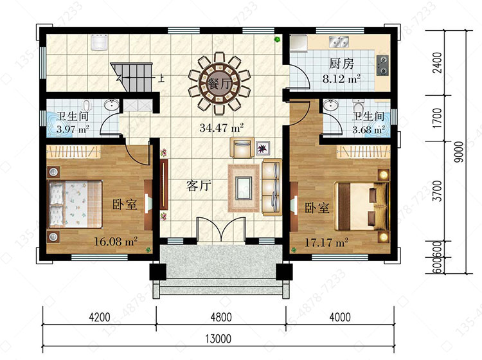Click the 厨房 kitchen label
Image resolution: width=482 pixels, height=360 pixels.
(x=341, y=64)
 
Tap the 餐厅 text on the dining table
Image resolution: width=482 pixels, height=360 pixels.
(x=220, y=83)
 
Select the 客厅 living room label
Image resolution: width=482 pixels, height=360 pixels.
(x=199, y=185)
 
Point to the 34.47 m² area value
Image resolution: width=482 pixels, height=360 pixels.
(x=221, y=127)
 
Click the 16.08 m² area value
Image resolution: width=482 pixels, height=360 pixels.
(x=115, y=241)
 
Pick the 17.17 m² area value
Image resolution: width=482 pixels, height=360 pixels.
(x=326, y=242)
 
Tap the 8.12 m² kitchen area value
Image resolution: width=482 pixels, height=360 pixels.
(x=341, y=79)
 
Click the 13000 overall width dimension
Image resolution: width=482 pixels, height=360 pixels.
(x=219, y=339)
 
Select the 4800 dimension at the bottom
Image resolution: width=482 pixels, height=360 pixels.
(x=221, y=317)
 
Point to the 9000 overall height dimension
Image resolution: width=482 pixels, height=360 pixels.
(x=459, y=152)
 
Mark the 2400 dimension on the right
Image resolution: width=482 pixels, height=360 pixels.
(x=436, y=63)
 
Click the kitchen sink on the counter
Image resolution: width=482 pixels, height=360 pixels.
(x=339, y=42)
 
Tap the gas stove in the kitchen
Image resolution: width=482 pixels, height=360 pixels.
(x=383, y=65)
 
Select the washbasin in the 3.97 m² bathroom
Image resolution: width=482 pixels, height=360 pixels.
(x=111, y=105)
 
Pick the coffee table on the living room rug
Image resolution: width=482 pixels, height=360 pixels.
(x=244, y=188)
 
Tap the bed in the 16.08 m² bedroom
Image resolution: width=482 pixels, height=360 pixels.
(x=75, y=204)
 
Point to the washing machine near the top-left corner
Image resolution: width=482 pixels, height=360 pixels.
(x=99, y=42)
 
